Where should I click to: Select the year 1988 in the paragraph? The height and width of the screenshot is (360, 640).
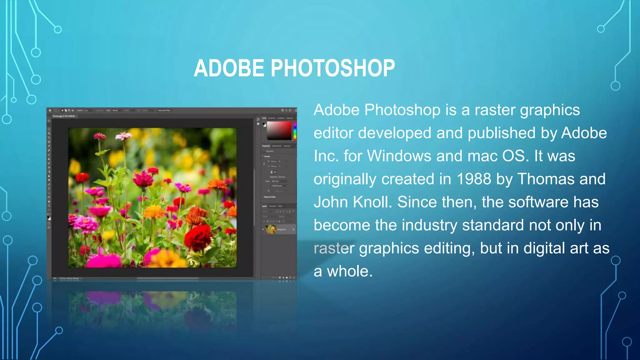(x=474, y=179)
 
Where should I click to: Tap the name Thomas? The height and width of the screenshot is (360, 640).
(x=546, y=179)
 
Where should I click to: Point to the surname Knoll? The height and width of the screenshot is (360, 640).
(x=372, y=202)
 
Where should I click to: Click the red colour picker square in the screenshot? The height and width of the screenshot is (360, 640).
(x=279, y=130)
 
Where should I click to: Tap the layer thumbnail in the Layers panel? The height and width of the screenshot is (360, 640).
(x=271, y=229)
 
